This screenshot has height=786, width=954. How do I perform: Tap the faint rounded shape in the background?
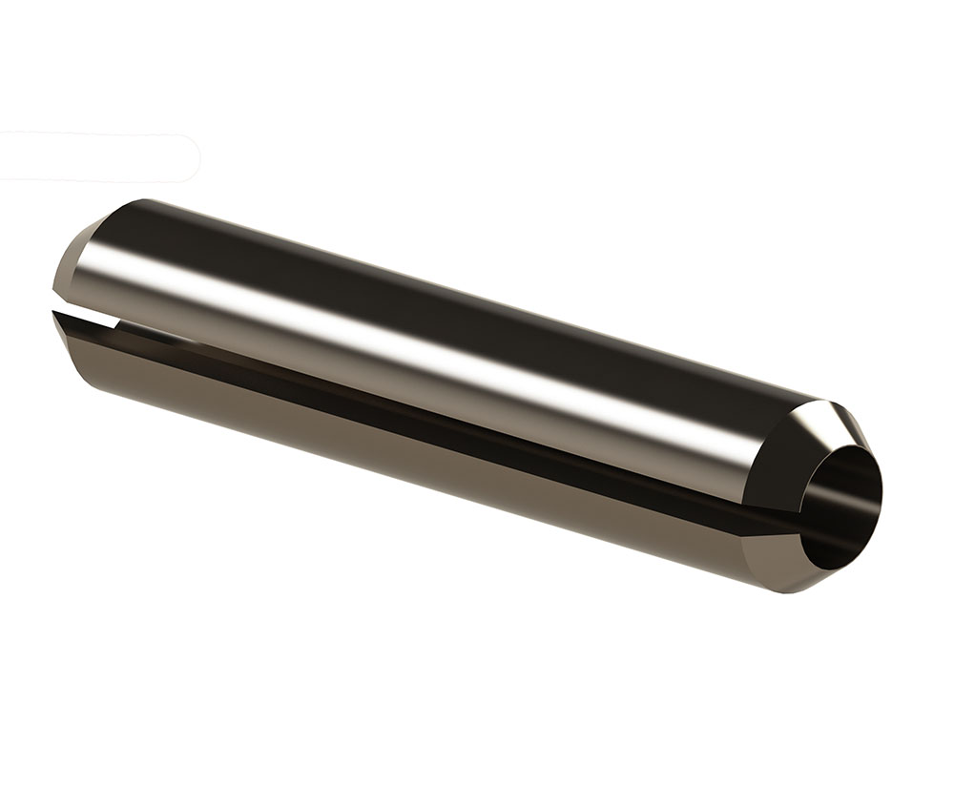coord(95,157)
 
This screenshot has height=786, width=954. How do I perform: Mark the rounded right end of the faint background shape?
coord(196,157)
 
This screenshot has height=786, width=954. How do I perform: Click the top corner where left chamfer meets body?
coord(143,201)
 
